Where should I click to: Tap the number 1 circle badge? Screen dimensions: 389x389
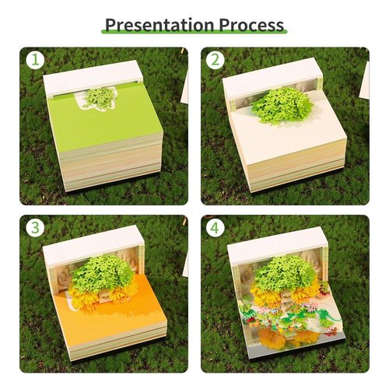(x=33, y=60)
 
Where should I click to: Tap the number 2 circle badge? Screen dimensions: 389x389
(x=215, y=60)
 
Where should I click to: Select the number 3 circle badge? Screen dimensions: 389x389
(x=33, y=229)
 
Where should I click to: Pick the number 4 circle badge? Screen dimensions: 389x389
(x=215, y=229)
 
